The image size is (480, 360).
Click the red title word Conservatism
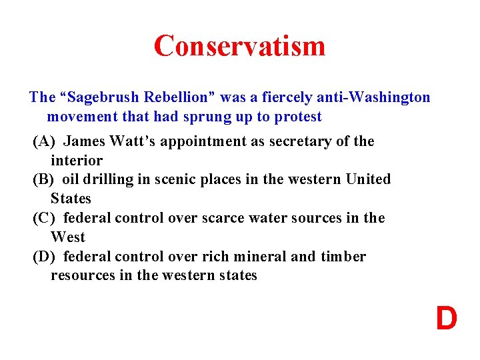tap(239, 45)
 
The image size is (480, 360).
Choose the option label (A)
tap(45, 141)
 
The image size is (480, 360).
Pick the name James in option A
tap(84, 141)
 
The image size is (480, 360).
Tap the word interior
tap(77, 161)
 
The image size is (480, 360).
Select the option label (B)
tap(45, 179)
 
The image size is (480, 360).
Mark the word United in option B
tap(368, 179)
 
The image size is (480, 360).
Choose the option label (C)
tap(45, 218)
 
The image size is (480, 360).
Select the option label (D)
tap(45, 257)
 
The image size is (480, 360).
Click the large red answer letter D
tap(447, 319)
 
